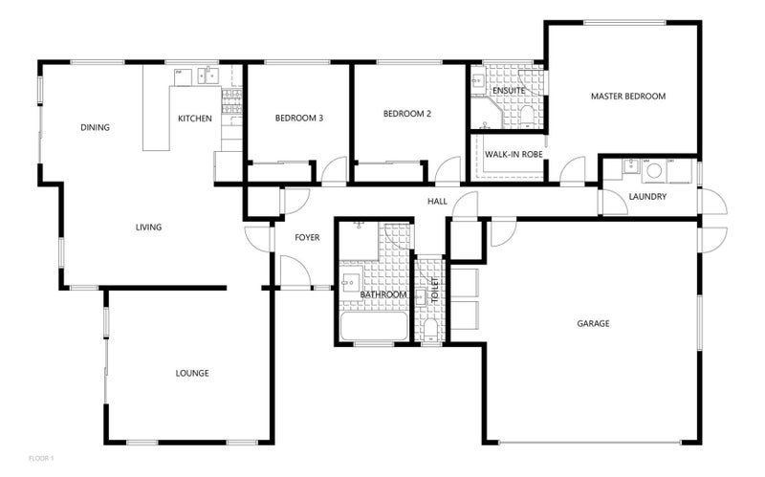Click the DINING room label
[x=95, y=127]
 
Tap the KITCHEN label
[x=195, y=119]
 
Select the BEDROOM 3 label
[x=298, y=119]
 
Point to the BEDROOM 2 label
[x=407, y=114]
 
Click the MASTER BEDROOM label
[x=627, y=97]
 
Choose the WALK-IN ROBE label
[x=514, y=153]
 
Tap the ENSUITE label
[x=508, y=91]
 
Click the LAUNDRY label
[x=647, y=197]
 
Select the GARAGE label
[x=593, y=323]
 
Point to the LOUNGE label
[x=192, y=373]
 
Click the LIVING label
[x=148, y=228]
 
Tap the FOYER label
[x=306, y=237]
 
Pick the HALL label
[x=437, y=202]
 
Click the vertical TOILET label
[x=433, y=289]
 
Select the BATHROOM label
[x=383, y=295]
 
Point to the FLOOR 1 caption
[x=42, y=458]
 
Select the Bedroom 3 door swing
[x=334, y=173]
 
